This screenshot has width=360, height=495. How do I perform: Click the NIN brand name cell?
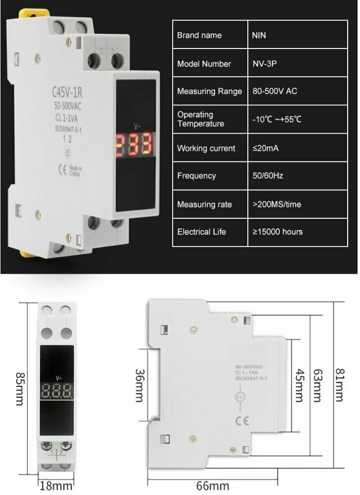(259, 35)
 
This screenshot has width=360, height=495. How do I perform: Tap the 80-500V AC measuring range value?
(274, 92)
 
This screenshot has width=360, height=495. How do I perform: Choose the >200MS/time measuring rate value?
(276, 204)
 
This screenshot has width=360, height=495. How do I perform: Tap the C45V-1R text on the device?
(67, 92)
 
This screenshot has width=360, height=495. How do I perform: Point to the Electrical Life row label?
(201, 232)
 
